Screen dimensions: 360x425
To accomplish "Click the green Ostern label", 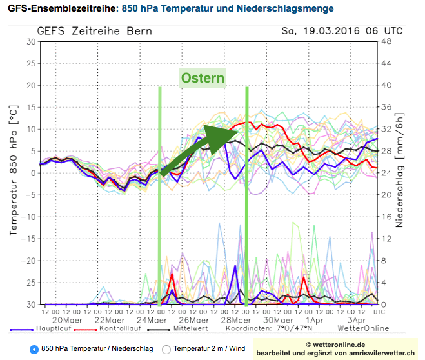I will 203,79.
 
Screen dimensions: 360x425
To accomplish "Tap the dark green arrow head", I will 222,132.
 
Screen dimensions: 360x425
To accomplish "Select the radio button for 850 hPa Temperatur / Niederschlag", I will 34,349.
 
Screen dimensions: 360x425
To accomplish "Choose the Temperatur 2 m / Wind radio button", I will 166,349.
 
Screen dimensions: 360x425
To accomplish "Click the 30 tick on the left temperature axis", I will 30,41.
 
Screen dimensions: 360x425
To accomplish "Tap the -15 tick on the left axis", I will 28,238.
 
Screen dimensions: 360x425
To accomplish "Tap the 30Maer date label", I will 277,319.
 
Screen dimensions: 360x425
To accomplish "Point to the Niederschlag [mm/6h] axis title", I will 400,173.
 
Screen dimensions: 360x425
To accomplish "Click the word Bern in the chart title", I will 140,31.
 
